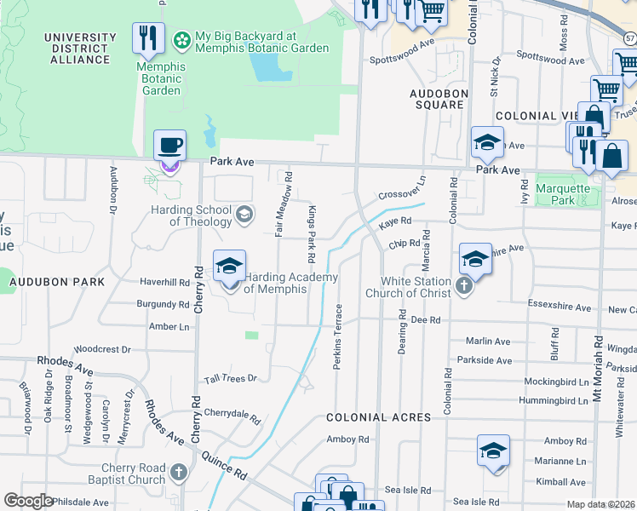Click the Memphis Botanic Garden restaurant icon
[149, 38]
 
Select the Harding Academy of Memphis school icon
[229, 267]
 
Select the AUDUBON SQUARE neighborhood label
[436, 99]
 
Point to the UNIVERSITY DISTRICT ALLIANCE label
[79, 49]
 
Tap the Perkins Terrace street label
[339, 336]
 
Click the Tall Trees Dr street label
[229, 378]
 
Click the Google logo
[28, 501]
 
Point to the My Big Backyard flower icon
[181, 39]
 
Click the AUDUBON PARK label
[57, 281]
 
